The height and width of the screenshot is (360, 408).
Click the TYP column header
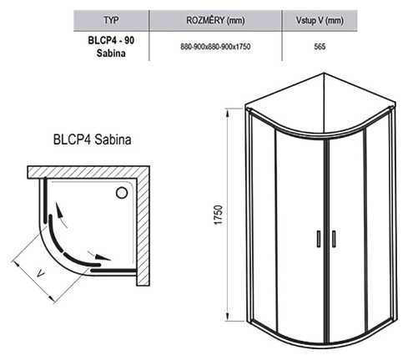click(x=111, y=20)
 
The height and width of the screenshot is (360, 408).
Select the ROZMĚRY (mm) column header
click(x=215, y=20)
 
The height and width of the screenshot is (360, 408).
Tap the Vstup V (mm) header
click(x=320, y=20)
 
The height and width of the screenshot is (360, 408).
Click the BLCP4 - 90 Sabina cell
click(x=111, y=47)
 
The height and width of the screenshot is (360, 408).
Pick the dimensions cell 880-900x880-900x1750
click(x=215, y=47)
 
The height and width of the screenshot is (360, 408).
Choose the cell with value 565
click(x=320, y=47)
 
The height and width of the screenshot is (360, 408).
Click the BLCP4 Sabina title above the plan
click(x=92, y=139)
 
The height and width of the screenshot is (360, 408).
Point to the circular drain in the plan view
click(x=122, y=193)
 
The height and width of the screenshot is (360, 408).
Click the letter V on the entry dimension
click(x=41, y=274)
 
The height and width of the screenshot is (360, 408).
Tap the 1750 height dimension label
click(x=219, y=215)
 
